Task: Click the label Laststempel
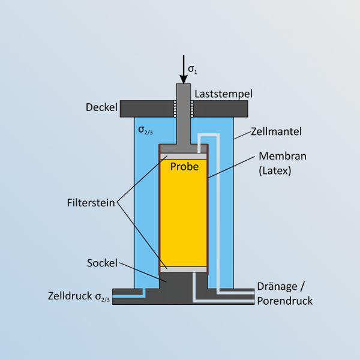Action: tap(223, 94)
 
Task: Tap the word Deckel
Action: tap(101, 107)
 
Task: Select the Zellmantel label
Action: tap(276, 131)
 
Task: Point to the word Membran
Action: tap(283, 156)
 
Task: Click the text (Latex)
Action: tap(275, 171)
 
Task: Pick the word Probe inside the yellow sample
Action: tap(184, 166)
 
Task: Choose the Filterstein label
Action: tap(91, 203)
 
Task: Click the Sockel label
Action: tap(102, 263)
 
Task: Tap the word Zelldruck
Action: tap(70, 296)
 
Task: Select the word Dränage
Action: tap(277, 287)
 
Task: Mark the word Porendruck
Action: tap(284, 301)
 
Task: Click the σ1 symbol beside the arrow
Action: tap(193, 69)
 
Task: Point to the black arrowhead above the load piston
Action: tap(184, 79)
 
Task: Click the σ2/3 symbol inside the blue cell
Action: tap(145, 130)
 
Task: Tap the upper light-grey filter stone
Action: tap(184, 157)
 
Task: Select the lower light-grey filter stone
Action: tap(184, 269)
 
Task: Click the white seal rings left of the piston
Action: tap(175, 109)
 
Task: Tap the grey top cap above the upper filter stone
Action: tap(184, 149)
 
